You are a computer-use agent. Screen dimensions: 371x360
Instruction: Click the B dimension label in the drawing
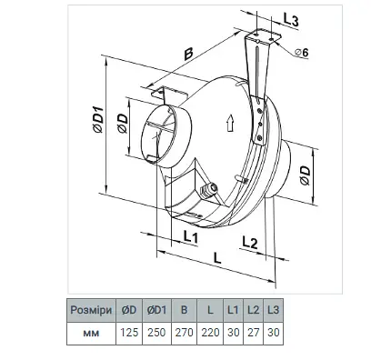(188, 54)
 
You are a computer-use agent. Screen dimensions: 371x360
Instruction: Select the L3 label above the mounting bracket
(291, 19)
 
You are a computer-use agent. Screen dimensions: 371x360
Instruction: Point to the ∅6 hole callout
(302, 53)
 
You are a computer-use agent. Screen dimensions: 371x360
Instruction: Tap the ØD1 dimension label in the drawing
(98, 119)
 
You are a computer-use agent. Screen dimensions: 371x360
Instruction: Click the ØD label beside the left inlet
(123, 124)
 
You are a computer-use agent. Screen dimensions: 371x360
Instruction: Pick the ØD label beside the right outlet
(306, 175)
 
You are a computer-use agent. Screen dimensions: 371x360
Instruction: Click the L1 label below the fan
(191, 236)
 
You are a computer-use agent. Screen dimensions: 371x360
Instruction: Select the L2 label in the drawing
(250, 242)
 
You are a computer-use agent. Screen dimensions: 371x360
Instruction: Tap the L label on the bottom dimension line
(217, 258)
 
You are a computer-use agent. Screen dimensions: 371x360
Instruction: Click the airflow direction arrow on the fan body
(230, 123)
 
